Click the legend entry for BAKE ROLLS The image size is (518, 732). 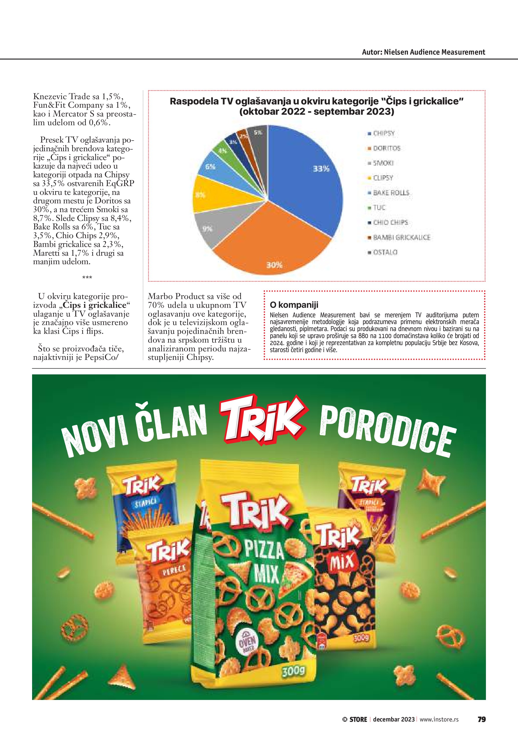pyautogui.click(x=391, y=193)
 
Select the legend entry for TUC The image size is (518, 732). pyautogui.click(x=379, y=208)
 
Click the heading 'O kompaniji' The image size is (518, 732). pyautogui.click(x=294, y=305)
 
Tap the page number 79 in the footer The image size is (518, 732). pyautogui.click(x=481, y=719)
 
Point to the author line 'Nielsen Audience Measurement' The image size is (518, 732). pyautogui.click(x=424, y=52)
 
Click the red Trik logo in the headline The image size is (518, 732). pyautogui.click(x=263, y=419)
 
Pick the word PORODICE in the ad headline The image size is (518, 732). pyautogui.click(x=387, y=430)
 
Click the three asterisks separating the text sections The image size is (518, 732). pyautogui.click(x=87, y=278)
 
